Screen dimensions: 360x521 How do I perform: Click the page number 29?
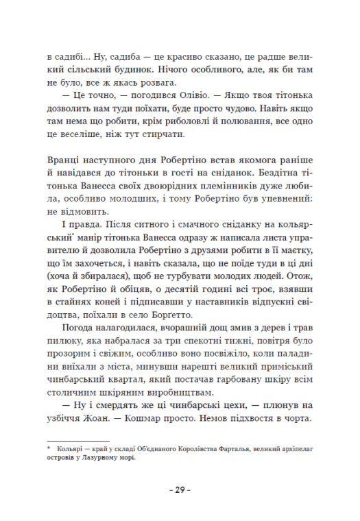(x=180, y=489)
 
